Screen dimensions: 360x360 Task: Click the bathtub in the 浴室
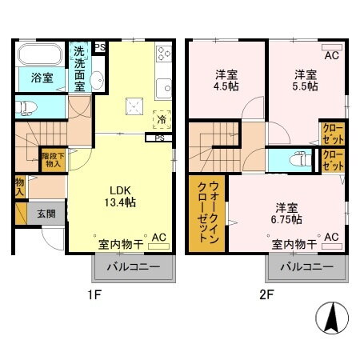41,56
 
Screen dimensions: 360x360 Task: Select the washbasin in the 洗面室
95,79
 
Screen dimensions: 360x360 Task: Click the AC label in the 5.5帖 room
330,55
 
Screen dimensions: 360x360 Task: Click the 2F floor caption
266,294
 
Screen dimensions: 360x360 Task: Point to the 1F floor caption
94,294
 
